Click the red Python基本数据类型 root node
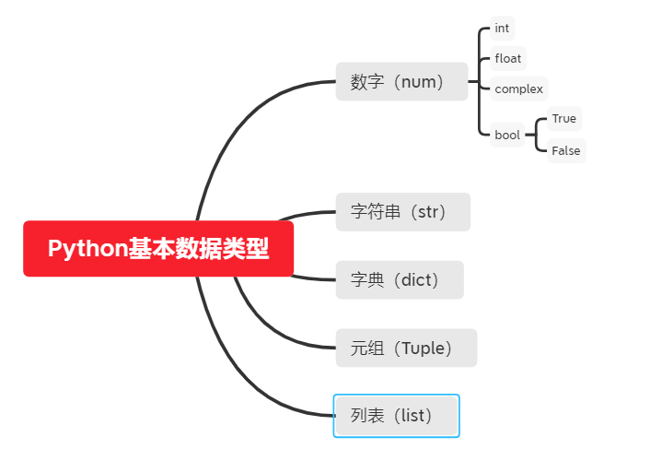coord(158,249)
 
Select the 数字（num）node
coord(401,82)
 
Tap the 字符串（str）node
coord(402,212)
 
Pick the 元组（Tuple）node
coord(406,349)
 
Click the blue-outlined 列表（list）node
coord(396,416)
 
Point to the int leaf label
coord(502,29)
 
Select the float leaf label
coord(508,59)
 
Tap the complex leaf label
coord(519,89)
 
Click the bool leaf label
coord(507,135)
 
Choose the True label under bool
coord(564,119)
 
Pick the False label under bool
coord(566,150)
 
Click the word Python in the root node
coord(87,249)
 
